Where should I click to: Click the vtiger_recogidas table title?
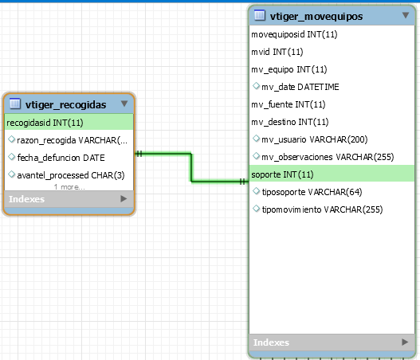[65, 104]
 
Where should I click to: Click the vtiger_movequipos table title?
[316, 17]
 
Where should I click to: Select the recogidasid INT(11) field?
[45, 123]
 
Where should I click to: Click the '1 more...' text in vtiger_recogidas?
[69, 187]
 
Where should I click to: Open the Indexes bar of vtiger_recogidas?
[69, 199]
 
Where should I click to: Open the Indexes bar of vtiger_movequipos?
[332, 342]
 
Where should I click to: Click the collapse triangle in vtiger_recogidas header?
[124, 104]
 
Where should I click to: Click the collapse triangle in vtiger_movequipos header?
[406, 15]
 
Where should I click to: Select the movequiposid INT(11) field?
[294, 34]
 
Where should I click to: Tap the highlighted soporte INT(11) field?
[282, 174]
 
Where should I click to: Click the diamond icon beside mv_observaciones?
[256, 156]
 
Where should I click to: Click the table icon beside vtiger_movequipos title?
[259, 15]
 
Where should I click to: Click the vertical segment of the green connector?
[191, 167]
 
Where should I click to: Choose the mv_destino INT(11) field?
[290, 122]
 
